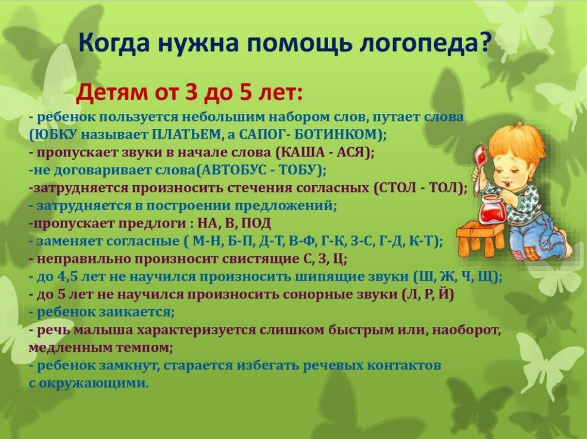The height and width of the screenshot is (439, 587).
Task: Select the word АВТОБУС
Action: (231, 170)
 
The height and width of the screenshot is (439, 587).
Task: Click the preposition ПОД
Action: (256, 224)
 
